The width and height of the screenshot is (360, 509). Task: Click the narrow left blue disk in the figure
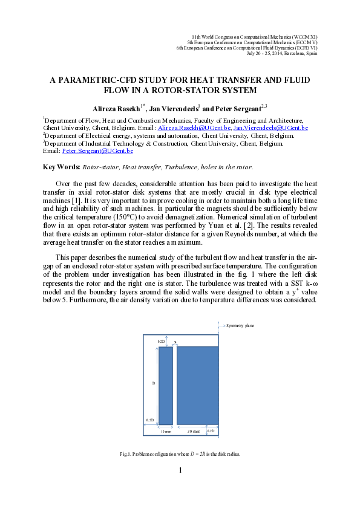click(x=165, y=384)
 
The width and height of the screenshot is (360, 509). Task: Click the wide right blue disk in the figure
click(x=197, y=384)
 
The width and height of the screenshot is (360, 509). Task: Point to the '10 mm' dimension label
click(x=166, y=432)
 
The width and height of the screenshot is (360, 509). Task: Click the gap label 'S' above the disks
click(x=175, y=342)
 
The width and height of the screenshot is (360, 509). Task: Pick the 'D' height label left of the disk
click(x=153, y=383)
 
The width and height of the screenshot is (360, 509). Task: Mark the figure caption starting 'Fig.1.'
click(x=180, y=454)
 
